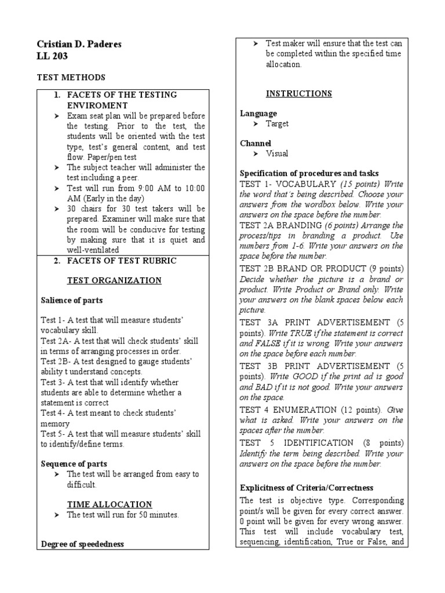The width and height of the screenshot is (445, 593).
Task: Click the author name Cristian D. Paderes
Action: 79,45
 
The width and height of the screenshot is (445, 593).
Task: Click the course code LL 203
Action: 52,57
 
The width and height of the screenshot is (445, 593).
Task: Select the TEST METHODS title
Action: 71,77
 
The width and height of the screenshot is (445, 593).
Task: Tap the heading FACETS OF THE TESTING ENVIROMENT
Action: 122,100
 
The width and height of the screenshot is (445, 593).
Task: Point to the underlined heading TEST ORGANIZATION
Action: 114,281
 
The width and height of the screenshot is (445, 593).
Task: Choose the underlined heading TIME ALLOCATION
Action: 110,504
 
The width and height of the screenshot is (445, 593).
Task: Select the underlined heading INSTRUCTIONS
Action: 298,94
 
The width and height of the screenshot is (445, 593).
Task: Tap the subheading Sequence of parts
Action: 74,464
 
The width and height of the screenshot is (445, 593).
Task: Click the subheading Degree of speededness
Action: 83,544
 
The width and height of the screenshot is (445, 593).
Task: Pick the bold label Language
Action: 258,114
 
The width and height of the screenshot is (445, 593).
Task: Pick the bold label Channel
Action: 256,143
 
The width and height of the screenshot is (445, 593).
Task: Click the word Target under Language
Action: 277,124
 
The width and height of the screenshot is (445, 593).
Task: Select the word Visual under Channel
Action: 277,153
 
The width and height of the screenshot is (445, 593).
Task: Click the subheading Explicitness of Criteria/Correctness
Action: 307,488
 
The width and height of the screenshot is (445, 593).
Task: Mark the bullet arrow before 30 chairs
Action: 57,209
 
